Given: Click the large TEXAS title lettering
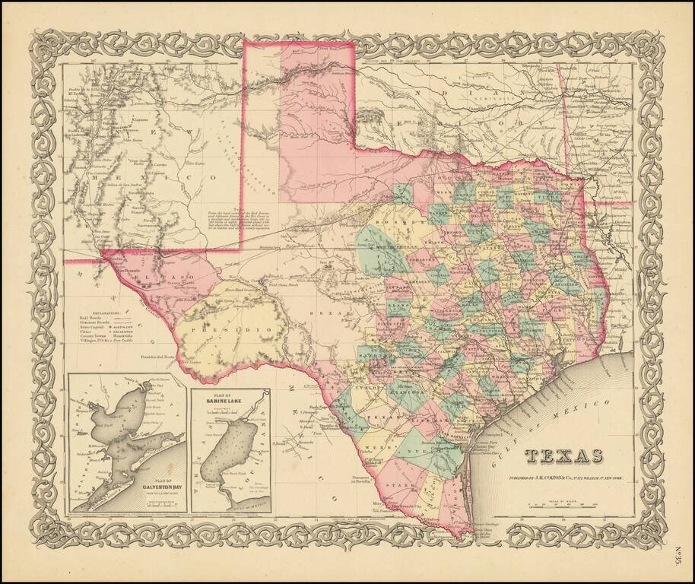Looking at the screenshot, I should tap(563, 456).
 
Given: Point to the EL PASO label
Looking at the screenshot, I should tap(176, 271).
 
